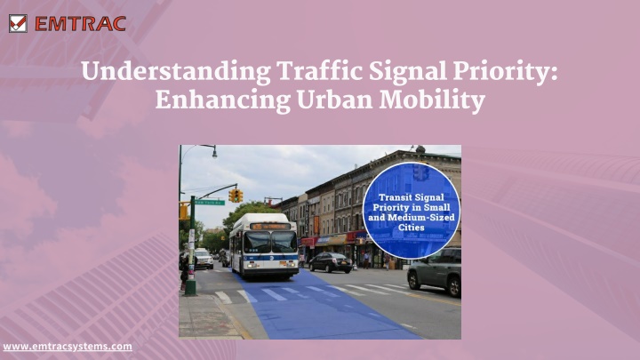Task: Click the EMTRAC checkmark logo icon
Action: pyautogui.click(x=18, y=24)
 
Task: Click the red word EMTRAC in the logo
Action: pyautogui.click(x=80, y=24)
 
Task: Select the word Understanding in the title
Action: pyautogui.click(x=176, y=72)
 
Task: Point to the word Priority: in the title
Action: pyautogui.click(x=505, y=72)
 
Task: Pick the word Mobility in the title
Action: pyautogui.click(x=432, y=100)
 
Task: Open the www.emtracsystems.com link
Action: pyautogui.click(x=68, y=347)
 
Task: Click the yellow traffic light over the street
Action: pyautogui.click(x=236, y=196)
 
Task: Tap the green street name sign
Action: pyautogui.click(x=210, y=203)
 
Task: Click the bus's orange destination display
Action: pyautogui.click(x=270, y=226)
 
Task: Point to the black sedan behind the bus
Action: pyautogui.click(x=330, y=262)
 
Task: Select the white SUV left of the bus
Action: pyautogui.click(x=204, y=259)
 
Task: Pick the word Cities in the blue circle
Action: pyautogui.click(x=411, y=228)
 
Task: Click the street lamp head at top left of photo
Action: pyautogui.click(x=214, y=153)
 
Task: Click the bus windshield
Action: pyautogui.click(x=270, y=242)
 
